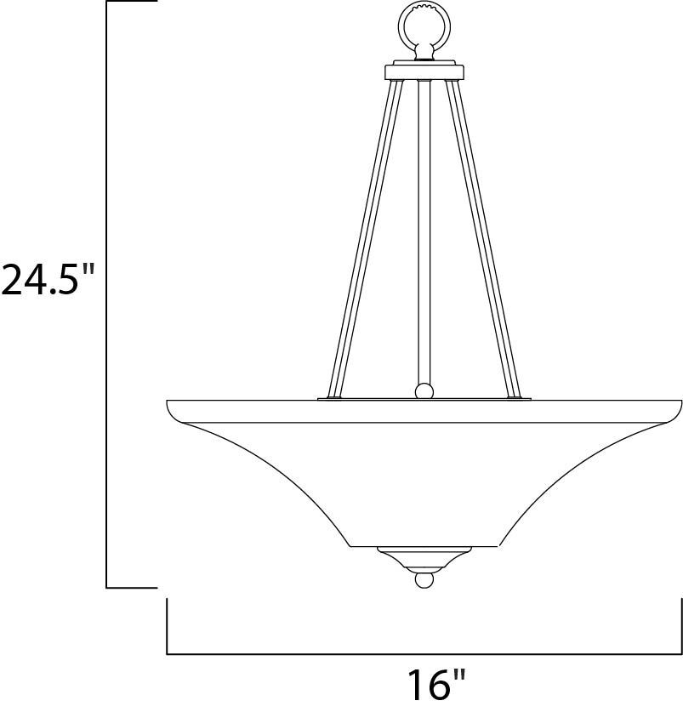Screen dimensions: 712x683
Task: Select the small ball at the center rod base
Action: [x=423, y=391]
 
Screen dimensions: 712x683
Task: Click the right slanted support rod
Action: [x=483, y=238]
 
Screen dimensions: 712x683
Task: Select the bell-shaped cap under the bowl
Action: [x=423, y=558]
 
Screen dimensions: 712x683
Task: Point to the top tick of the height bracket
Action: [x=132, y=3]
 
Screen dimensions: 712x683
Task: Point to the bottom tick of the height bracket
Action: [x=132, y=587]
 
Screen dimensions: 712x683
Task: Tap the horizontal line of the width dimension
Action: [x=423, y=653]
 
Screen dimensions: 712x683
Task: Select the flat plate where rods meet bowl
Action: [x=423, y=398]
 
